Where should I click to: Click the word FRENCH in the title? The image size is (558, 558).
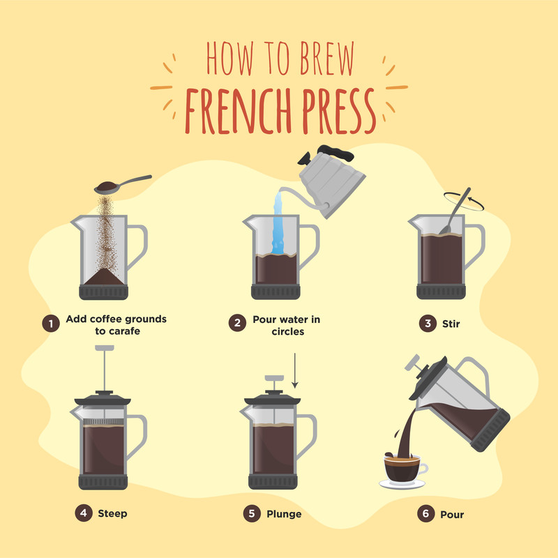pos(239,111)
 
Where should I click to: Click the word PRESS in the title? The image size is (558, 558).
pos(339,111)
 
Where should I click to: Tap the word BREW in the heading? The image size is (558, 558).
pos(327,58)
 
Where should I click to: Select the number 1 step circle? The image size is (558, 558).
pos(51,324)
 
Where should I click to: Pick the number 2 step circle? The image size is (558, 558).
pos(237,323)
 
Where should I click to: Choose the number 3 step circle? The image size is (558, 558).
pos(428,323)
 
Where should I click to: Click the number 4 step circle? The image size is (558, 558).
pos(84,513)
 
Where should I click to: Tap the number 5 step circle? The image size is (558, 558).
pos(252,513)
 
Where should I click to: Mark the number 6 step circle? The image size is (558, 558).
pos(426,513)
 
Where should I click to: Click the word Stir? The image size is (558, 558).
pos(451,324)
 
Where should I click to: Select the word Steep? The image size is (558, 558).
pos(112,513)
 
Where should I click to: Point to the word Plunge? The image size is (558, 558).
pos(284,514)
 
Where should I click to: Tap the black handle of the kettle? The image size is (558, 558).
pos(335,152)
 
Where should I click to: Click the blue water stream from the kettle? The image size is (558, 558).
pos(278,224)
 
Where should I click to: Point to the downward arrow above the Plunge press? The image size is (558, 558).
pos(294,370)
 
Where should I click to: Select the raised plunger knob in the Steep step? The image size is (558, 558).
pos(105,347)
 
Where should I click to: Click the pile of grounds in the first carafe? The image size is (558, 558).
pos(104,276)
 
